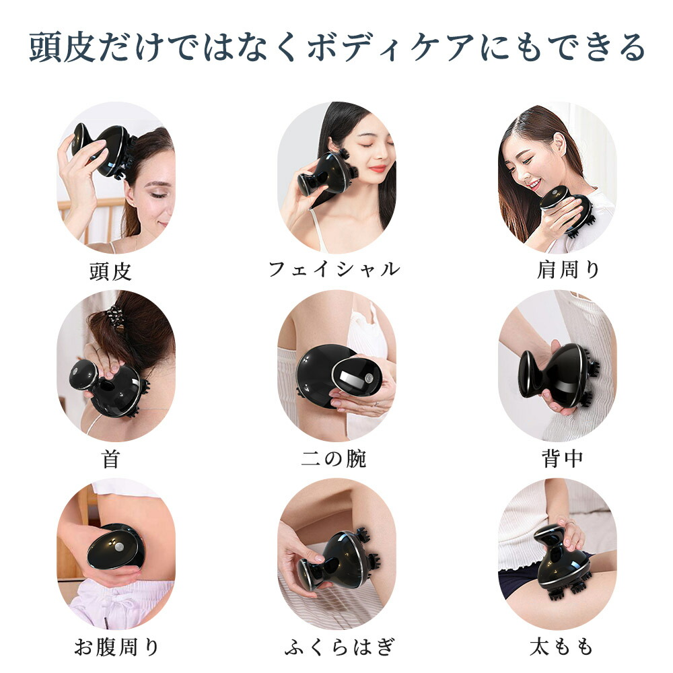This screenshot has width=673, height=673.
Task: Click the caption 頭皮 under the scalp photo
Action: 110,272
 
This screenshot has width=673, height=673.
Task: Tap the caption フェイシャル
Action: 334,269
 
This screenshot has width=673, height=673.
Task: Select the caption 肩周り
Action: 568,270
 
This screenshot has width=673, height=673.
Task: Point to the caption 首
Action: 110,459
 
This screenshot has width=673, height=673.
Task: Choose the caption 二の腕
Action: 334,459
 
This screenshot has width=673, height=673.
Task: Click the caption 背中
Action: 562,459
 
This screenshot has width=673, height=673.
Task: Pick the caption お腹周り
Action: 116,647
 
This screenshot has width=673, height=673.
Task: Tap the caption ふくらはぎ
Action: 339,647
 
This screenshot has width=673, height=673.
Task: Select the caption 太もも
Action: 562,647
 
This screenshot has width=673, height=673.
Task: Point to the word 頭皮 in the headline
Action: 62,47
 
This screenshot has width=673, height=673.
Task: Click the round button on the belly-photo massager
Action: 119,547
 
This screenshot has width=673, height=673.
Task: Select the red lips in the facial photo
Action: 378,169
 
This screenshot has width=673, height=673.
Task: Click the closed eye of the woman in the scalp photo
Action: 156,195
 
